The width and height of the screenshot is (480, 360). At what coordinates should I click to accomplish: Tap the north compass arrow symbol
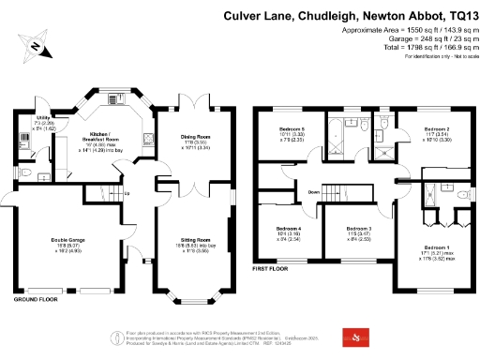coord(35,44)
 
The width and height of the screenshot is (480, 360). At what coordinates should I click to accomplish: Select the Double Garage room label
coord(68,240)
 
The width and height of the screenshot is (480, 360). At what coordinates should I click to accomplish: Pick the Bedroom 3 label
coord(360,229)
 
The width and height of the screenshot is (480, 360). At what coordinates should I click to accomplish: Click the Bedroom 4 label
coord(289,229)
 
